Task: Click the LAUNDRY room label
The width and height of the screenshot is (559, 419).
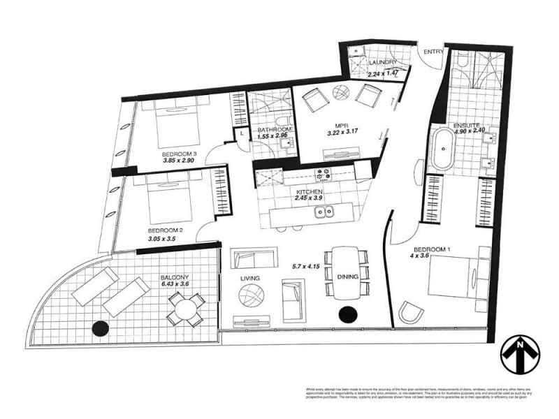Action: [x=383, y=62]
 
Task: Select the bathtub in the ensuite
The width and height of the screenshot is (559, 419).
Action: [x=442, y=148]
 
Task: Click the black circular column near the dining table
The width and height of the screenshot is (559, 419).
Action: [x=347, y=314]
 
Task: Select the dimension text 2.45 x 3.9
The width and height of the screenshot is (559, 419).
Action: [x=308, y=198]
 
